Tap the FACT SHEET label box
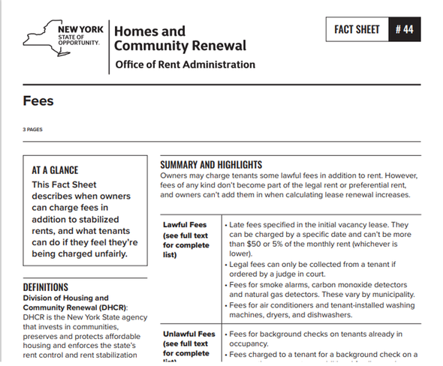click(x=358, y=30)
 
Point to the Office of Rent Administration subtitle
click(x=185, y=64)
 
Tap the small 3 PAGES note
click(x=32, y=130)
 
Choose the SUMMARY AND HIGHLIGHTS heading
click(x=211, y=164)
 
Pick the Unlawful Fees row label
click(x=186, y=334)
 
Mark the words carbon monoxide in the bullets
click(x=336, y=286)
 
